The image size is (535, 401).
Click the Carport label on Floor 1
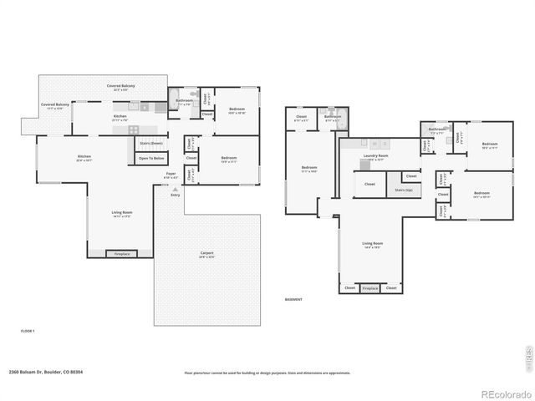click(x=206, y=254)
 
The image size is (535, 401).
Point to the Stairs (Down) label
click(x=150, y=144)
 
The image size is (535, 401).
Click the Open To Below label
click(x=152, y=158)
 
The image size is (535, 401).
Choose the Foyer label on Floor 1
click(x=170, y=175)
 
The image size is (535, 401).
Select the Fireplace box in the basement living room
click(x=370, y=288)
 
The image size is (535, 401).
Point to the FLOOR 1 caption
click(x=28, y=331)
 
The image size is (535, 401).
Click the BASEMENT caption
click(x=294, y=299)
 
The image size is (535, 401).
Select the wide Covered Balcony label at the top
click(x=121, y=87)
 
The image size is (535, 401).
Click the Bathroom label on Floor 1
click(x=184, y=101)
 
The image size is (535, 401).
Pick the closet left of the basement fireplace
click(x=349, y=288)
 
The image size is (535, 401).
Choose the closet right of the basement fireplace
click(x=391, y=288)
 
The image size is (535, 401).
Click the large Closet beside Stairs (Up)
click(x=369, y=184)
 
